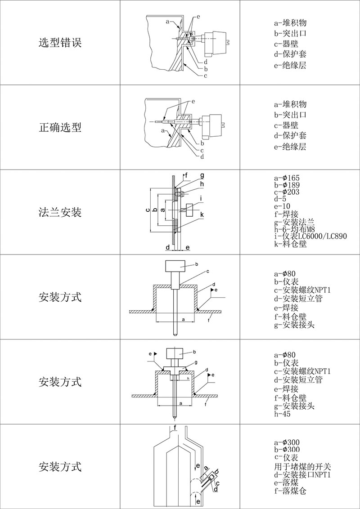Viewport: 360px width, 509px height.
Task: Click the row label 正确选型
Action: (60, 127)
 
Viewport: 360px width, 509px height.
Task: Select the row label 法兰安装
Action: (60, 212)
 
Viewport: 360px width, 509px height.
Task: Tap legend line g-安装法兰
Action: (294, 222)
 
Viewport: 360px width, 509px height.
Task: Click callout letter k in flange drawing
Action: (202, 215)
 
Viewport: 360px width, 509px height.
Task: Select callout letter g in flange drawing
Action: (202, 175)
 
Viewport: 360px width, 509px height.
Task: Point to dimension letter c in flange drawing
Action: (148, 210)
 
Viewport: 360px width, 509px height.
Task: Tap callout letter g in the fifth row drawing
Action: (196, 362)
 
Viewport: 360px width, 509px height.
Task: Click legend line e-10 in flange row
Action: (282, 206)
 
